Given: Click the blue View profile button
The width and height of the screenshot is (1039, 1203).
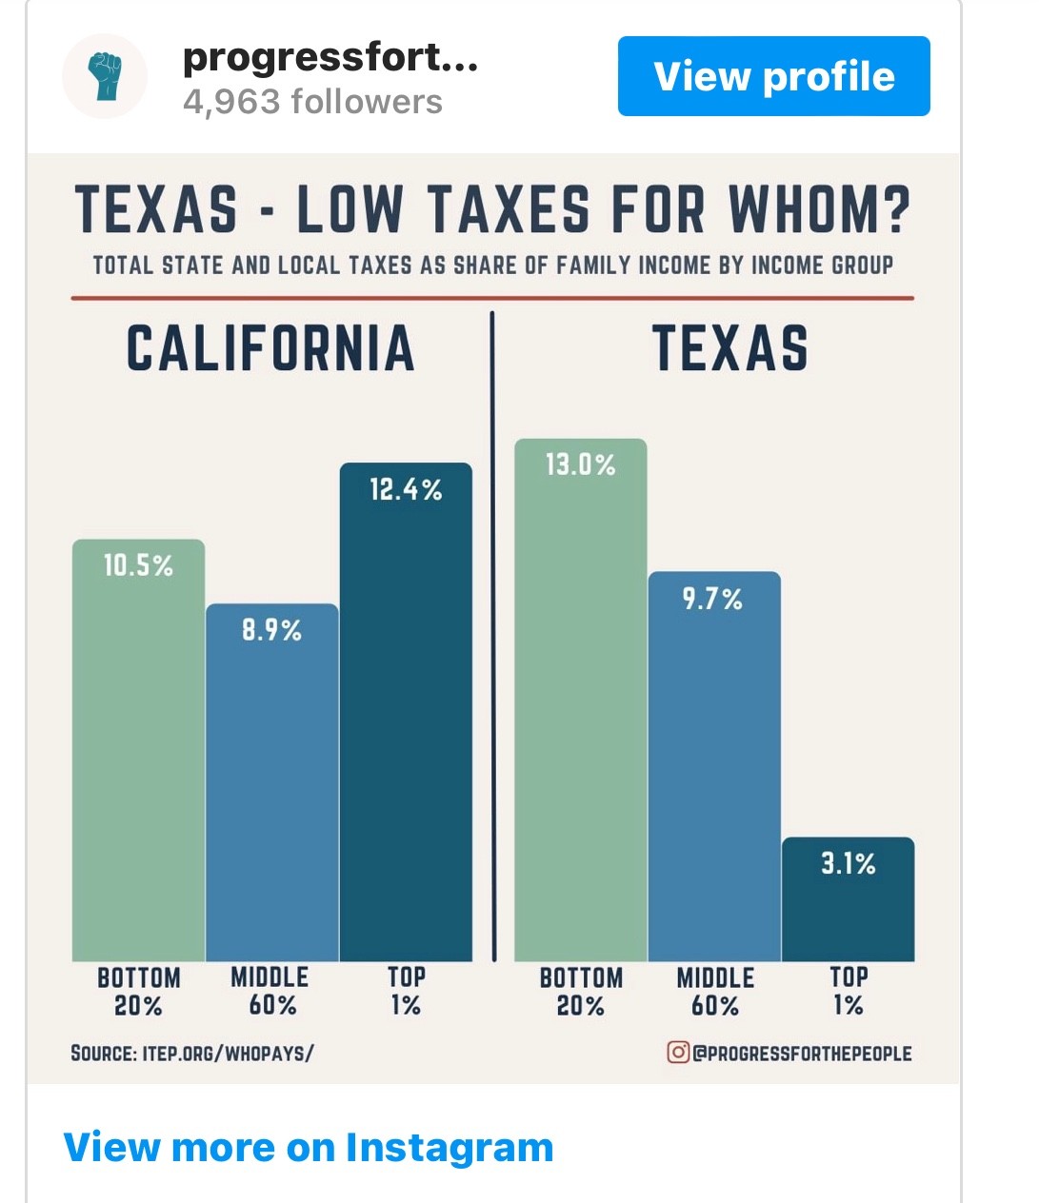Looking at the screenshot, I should coord(773,76).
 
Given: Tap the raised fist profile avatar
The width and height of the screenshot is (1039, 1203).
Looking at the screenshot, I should coord(105,76).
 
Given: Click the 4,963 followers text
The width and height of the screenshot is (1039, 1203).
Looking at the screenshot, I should coord(312,102).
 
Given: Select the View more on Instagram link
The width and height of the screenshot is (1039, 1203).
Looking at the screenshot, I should coord(308,1147).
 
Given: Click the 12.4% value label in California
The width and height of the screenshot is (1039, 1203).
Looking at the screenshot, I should coord(406,490).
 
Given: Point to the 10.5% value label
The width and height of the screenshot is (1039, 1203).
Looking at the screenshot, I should coord(139,566).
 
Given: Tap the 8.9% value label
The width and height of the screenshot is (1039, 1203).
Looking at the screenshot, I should coord(271,630).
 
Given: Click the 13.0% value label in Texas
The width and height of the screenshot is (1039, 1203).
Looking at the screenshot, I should coord(580,465).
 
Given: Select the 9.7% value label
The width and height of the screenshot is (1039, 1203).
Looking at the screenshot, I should coord(712,599).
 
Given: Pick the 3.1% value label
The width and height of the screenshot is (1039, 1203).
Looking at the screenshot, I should coord(848,863).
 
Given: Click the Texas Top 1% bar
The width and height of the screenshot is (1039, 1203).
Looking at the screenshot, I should coord(848,914).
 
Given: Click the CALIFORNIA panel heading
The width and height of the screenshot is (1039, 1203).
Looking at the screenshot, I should coord(270,348).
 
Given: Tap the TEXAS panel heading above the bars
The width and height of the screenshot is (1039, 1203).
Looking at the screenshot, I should coord(730,348).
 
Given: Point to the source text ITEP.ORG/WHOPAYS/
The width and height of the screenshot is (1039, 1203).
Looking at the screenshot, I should coord(228,1054).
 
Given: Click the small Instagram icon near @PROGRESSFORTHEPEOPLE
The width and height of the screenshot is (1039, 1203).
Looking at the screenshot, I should coord(678,1053).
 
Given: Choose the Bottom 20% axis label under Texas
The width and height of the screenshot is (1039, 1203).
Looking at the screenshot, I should coord(580,992).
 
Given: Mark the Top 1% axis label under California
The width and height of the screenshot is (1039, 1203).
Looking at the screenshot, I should coord(406,991).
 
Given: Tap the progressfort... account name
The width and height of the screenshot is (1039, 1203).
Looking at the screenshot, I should coord(330,58).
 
